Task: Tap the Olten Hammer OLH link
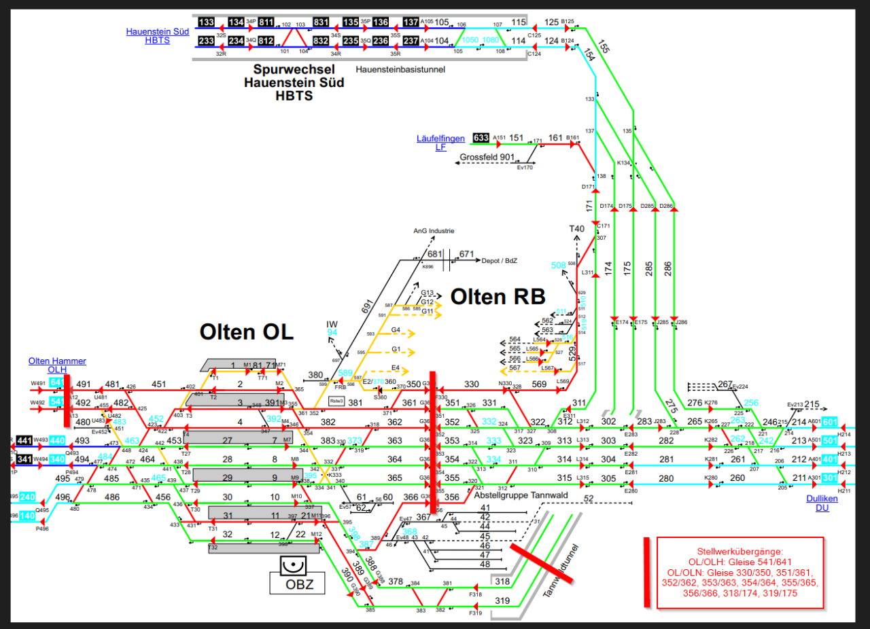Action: (57, 365)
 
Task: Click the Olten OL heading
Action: (246, 331)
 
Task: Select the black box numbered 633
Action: (481, 138)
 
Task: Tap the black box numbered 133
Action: (206, 22)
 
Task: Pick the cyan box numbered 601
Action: (830, 422)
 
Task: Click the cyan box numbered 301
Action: (830, 478)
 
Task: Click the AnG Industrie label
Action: (434, 231)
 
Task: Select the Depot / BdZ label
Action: (500, 260)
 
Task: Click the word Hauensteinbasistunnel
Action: (400, 69)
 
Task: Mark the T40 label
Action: (576, 229)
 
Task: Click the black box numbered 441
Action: (24, 440)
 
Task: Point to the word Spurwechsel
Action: (294, 69)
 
